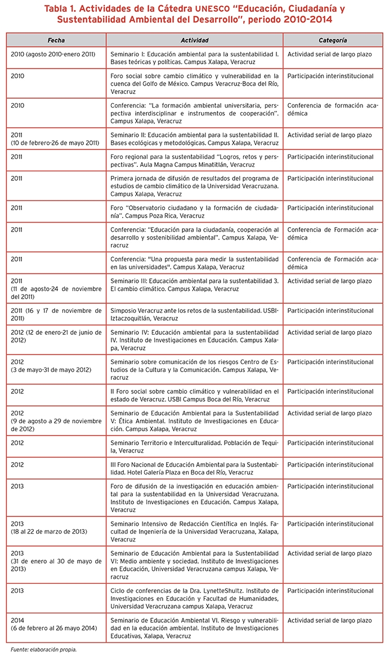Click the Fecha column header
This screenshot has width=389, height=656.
click(x=56, y=41)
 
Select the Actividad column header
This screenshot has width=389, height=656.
click(x=194, y=41)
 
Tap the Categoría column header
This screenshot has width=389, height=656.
click(x=332, y=41)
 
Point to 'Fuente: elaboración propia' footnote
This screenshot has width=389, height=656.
click(x=43, y=649)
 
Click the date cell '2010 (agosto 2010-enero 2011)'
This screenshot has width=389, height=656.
click(x=49, y=55)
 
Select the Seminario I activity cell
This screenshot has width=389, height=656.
click(x=194, y=58)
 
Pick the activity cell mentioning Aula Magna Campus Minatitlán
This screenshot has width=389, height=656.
click(x=194, y=161)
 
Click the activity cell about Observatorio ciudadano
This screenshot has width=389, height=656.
click(x=194, y=212)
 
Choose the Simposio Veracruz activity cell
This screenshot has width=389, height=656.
click(x=194, y=314)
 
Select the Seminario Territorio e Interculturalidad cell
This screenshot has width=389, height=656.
click(x=194, y=447)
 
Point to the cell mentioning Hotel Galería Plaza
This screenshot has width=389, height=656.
click(x=194, y=468)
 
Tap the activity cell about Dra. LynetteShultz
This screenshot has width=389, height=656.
click(x=194, y=599)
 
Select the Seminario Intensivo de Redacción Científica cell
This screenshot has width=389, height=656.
click(x=194, y=531)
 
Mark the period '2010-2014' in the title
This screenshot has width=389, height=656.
click(x=301, y=19)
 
